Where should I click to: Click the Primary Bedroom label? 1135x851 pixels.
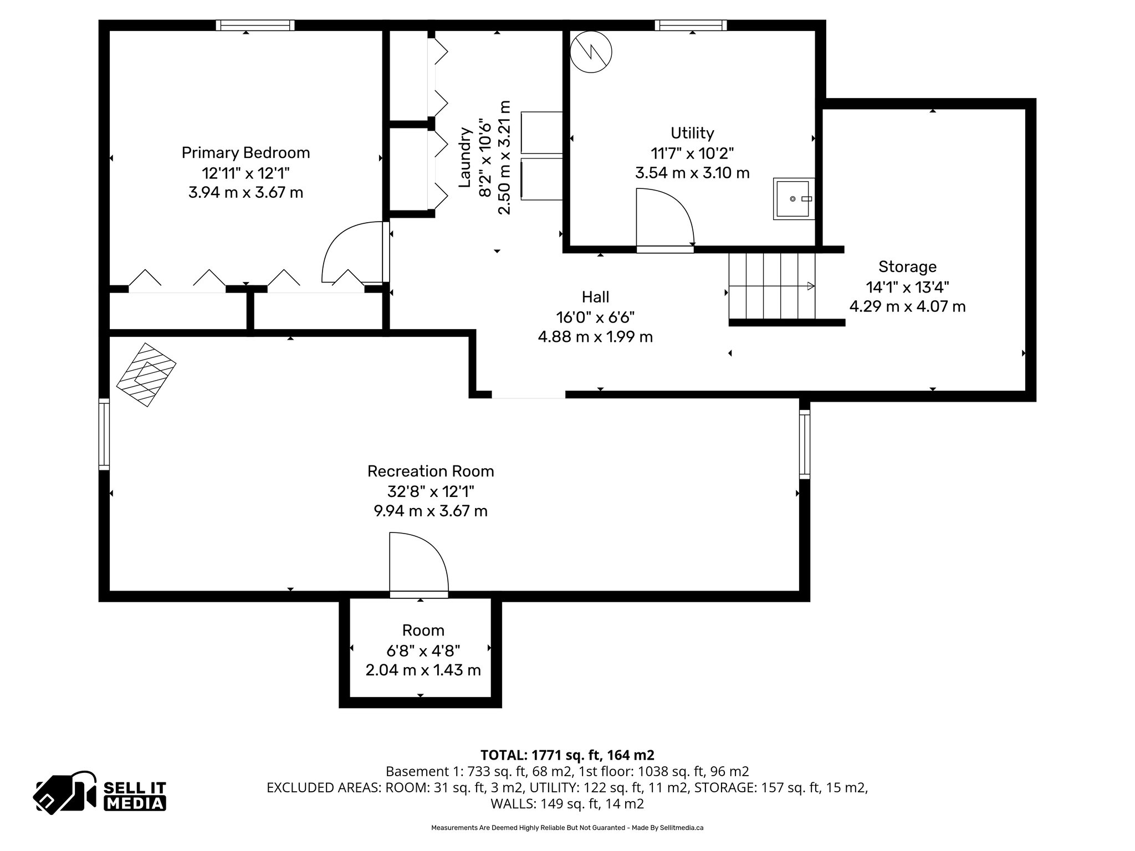click(x=246, y=153)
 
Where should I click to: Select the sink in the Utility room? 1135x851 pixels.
click(x=794, y=198)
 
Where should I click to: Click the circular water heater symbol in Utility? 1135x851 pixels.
click(x=591, y=52)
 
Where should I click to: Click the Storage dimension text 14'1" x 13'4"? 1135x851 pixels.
click(x=907, y=287)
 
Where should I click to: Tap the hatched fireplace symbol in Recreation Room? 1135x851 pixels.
click(x=146, y=375)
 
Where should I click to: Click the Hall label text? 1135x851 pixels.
click(x=595, y=297)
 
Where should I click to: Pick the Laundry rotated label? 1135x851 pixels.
click(x=466, y=158)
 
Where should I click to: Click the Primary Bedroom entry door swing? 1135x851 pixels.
click(x=353, y=252)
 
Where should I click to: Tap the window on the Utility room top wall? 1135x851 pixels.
click(x=690, y=25)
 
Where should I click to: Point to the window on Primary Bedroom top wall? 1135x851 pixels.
click(x=255, y=25)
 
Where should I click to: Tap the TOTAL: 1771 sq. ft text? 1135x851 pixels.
click(x=567, y=755)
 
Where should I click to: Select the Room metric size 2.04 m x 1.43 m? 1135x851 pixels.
click(x=423, y=670)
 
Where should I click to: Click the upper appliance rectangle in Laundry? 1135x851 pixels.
click(x=541, y=132)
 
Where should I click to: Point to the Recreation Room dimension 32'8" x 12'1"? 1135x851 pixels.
click(x=430, y=491)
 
